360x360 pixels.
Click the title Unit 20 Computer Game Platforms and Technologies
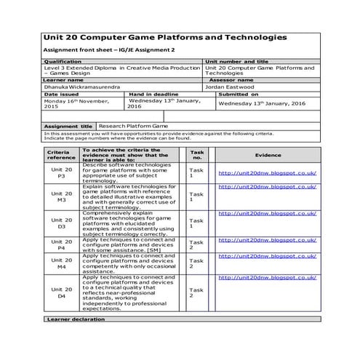click(164, 37)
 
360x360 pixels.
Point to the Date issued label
click(61, 94)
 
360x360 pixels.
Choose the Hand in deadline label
click(154, 94)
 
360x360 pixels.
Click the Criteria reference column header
click(62, 155)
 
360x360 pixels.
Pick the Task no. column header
click(196, 155)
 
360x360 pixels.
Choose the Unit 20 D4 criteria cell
click(62, 292)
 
